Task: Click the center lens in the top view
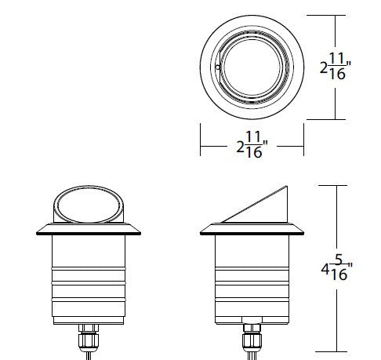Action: click(253, 69)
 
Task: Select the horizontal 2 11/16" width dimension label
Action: click(252, 147)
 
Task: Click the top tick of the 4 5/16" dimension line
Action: click(338, 185)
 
